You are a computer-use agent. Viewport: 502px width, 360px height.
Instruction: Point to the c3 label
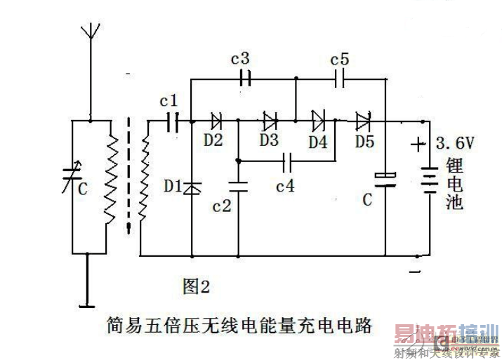(240, 57)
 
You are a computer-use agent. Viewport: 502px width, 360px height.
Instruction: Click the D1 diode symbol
(192, 187)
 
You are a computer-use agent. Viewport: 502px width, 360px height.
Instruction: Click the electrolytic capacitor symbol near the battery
(385, 178)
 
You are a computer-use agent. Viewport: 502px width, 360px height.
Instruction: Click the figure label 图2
(196, 286)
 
